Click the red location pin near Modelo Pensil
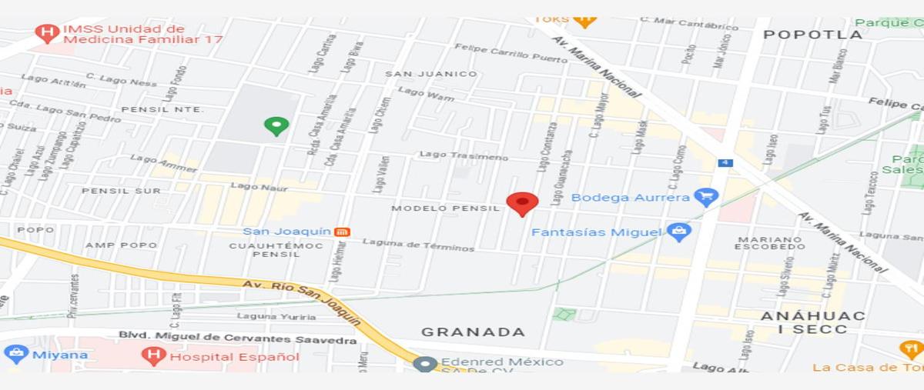tap(522, 203)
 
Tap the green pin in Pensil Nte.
tap(276, 125)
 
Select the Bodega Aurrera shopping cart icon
tap(705, 197)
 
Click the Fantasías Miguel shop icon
tap(678, 232)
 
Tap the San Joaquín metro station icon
tap(343, 232)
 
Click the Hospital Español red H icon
tap(153, 355)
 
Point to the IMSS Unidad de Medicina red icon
tap(48, 33)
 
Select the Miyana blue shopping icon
tap(16, 355)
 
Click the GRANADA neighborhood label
tap(473, 332)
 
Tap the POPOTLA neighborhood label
tap(812, 35)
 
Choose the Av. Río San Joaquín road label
tap(300, 300)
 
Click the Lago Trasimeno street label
tap(464, 155)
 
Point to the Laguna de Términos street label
tap(418, 246)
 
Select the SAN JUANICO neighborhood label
tap(431, 74)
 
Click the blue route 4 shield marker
tap(725, 162)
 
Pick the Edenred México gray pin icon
tap(424, 364)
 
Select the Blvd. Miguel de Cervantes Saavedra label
tap(237, 337)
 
